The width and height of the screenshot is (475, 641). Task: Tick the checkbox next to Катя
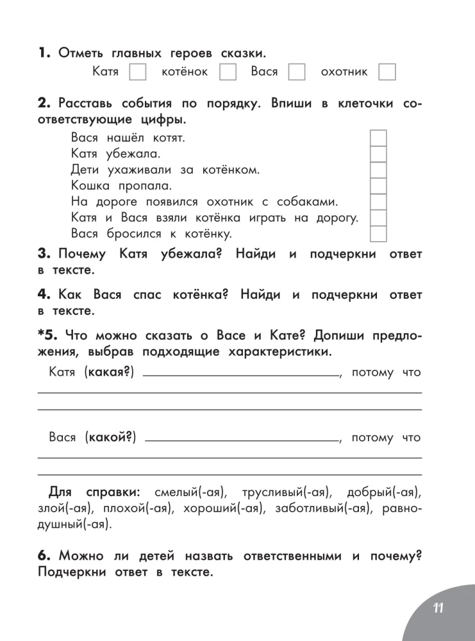(138, 72)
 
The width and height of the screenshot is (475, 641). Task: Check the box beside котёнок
(228, 72)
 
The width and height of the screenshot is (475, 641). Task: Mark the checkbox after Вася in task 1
(297, 72)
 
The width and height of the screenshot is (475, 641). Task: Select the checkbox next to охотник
(387, 72)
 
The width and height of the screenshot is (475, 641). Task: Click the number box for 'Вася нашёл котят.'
(379, 138)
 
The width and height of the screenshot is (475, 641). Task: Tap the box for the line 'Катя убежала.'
(379, 154)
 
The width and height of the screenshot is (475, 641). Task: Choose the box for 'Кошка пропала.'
(379, 187)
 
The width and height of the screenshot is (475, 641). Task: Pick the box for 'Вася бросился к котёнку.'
(379, 234)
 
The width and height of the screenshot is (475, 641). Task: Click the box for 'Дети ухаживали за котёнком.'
(379, 171)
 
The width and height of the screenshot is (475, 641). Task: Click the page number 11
(438, 608)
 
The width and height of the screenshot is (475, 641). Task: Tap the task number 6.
(44, 555)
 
